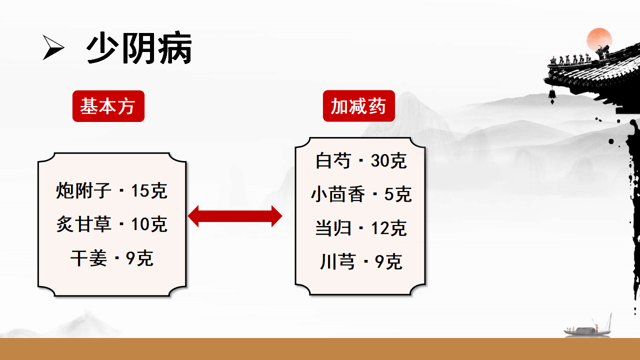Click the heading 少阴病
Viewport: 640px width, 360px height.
point(139,47)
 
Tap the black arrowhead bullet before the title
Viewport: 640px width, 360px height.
point(53,47)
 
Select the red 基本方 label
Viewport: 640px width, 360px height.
point(108,106)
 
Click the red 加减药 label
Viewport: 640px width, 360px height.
point(359,106)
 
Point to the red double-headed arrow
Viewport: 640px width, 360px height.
point(235,216)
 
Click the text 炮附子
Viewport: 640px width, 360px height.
point(83,190)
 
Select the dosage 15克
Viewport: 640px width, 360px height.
point(149,190)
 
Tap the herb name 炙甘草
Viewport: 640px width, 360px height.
point(83,224)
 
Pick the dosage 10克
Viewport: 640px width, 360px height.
point(149,224)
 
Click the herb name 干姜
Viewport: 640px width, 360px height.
point(88,258)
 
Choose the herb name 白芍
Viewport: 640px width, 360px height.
point(333,160)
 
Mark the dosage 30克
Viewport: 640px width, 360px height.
point(388,160)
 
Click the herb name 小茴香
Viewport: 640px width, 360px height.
point(338,194)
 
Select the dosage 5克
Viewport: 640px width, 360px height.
point(398,194)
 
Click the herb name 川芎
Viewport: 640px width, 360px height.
point(337,261)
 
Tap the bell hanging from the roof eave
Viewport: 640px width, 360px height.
point(552,95)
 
